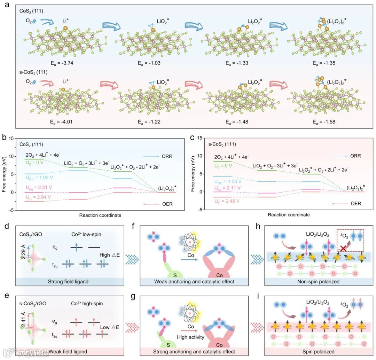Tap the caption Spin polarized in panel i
(319, 352)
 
